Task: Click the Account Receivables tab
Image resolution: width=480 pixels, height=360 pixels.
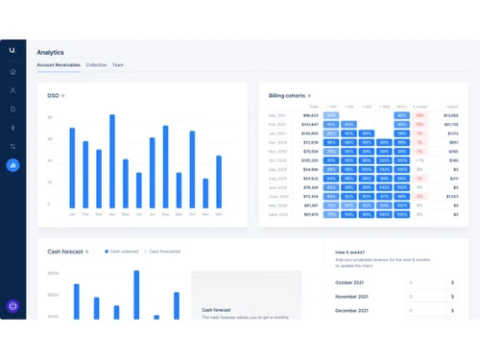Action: click(58, 65)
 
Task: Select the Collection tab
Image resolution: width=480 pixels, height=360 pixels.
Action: click(96, 65)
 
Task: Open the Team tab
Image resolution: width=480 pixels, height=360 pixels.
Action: click(117, 65)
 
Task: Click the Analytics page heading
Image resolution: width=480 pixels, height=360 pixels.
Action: click(50, 52)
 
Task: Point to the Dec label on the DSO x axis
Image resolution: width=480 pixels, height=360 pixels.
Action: click(219, 214)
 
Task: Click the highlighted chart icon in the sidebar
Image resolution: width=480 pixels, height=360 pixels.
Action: click(12, 165)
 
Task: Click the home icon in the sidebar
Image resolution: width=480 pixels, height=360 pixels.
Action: click(12, 71)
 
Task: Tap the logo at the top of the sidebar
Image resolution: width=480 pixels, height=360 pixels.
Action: click(12, 48)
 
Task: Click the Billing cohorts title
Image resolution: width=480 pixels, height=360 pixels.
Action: click(287, 95)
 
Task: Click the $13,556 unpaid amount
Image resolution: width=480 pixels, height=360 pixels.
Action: click(451, 114)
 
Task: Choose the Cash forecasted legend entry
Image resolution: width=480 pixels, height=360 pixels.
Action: click(164, 251)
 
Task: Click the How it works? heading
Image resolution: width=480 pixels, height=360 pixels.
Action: click(349, 252)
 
